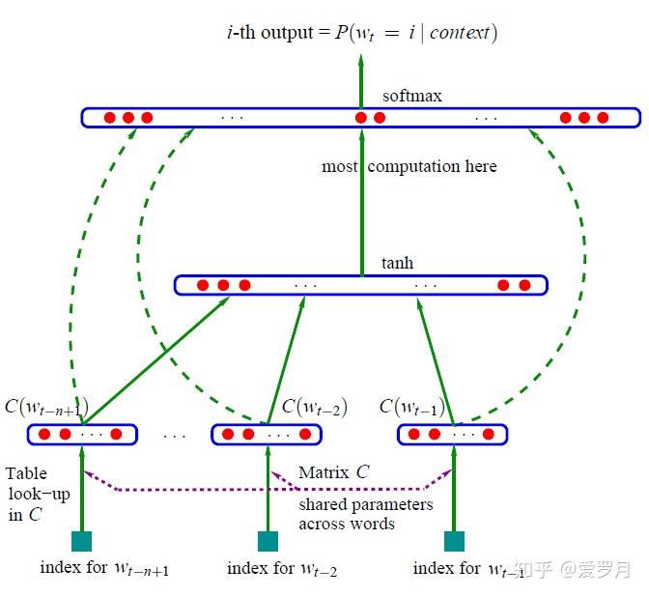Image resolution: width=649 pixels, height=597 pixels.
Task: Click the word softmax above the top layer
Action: tap(412, 97)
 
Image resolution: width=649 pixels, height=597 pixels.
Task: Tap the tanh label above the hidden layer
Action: tap(398, 264)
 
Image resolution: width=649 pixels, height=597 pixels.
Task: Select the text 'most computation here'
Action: tap(409, 166)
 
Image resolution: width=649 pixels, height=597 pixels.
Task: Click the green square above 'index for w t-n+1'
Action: tap(81, 541)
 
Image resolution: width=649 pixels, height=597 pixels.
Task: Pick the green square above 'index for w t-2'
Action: tap(268, 541)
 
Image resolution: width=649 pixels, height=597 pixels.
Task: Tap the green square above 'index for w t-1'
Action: tap(453, 541)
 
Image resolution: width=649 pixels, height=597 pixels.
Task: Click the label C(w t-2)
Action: tap(314, 407)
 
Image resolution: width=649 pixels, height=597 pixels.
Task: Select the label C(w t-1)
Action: tap(412, 407)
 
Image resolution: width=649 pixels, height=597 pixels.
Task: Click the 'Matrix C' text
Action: tap(333, 472)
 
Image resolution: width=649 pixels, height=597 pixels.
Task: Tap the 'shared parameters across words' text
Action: tap(365, 514)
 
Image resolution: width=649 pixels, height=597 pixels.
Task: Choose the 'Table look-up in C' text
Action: tap(38, 494)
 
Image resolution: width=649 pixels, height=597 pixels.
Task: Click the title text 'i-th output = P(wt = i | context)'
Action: tap(361, 34)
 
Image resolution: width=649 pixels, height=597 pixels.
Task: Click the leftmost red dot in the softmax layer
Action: tap(109, 118)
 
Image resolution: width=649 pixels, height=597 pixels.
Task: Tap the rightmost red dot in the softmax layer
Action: tap(603, 118)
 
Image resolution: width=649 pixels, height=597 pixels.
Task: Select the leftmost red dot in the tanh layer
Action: tap(203, 285)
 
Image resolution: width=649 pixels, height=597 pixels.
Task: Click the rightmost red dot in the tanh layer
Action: tap(524, 285)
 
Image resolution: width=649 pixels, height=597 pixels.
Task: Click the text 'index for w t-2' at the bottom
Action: tap(282, 568)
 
